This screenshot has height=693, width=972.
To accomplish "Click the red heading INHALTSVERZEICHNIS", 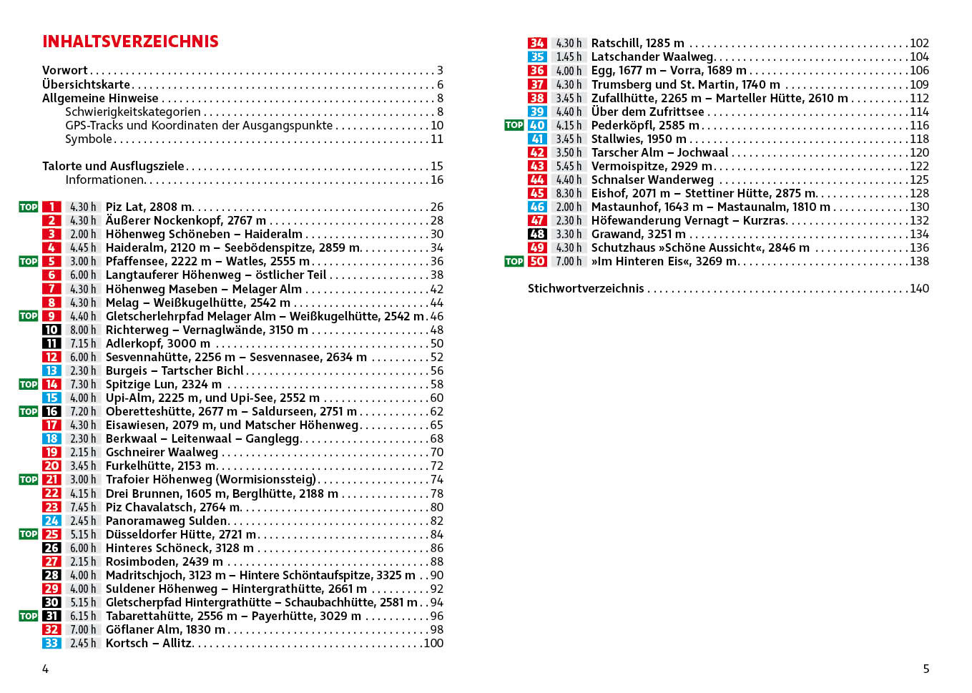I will coord(130,41).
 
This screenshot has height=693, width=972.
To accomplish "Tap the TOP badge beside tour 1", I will coord(29,207).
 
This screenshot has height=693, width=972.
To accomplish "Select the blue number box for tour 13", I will coord(51,370).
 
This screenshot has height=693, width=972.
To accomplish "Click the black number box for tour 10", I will coord(51,330).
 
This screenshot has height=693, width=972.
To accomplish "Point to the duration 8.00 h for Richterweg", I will coord(83,330).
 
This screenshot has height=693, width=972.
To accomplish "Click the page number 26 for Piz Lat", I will coord(436,207).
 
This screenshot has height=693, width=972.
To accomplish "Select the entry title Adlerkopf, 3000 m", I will coord(158,343).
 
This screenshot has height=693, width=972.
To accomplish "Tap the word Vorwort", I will coord(65,70).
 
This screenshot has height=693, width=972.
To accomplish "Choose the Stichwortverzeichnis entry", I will coord(586,288).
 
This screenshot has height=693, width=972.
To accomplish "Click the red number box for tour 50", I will coord(537,261).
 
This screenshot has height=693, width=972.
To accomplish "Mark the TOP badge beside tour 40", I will coord(514,125).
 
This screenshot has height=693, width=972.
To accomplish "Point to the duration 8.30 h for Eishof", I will coord(569,193).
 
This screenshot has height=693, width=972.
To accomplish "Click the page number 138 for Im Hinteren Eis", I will coord(919,261).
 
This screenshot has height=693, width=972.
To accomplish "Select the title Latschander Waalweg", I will coord(652,56).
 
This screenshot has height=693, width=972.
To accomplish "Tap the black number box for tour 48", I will coord(537,234).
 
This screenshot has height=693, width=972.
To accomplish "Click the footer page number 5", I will coord(926,669).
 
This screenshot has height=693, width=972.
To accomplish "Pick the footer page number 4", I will coord(46,669).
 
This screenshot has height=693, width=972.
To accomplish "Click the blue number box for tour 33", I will coord(51,643).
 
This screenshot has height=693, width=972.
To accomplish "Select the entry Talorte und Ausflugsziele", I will coord(113,166).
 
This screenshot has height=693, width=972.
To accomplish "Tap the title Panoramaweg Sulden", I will coord(167,521).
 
